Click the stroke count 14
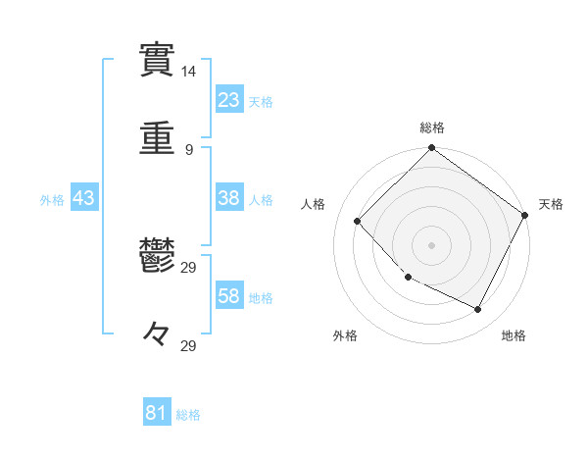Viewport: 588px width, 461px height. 189,72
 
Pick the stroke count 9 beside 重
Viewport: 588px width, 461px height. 189,150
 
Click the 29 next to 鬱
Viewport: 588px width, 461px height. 189,267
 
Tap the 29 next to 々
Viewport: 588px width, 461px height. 189,345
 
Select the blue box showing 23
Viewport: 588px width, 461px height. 229,100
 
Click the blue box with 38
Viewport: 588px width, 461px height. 229,198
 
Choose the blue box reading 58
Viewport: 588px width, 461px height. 229,296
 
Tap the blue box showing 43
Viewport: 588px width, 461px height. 84,198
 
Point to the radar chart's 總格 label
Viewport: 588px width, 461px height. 432,128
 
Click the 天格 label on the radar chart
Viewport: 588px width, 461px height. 551,204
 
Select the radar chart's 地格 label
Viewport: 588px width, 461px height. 514,335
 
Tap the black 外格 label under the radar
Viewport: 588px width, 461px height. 345,335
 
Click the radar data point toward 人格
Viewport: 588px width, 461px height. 358,221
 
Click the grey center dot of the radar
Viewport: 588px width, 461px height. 431,245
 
